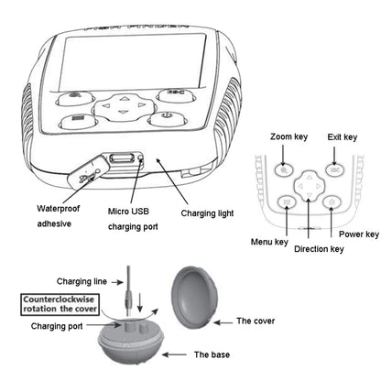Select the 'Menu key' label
[x=269, y=243]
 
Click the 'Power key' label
[x=358, y=234]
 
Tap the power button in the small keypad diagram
[x=332, y=201]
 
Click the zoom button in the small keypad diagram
[x=286, y=169]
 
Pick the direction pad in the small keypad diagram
[x=310, y=188]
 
